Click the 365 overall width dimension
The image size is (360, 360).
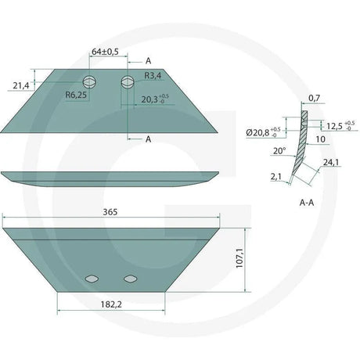(x=110, y=212)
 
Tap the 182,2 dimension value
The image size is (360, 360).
(x=111, y=304)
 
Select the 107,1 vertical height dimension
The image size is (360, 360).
(x=239, y=257)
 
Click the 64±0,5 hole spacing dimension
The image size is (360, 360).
(x=105, y=52)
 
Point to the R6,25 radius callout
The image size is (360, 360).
(x=76, y=95)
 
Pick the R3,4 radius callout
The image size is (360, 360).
(x=153, y=76)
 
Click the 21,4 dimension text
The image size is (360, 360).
(x=21, y=85)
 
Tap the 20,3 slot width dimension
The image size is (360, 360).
(x=155, y=99)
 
